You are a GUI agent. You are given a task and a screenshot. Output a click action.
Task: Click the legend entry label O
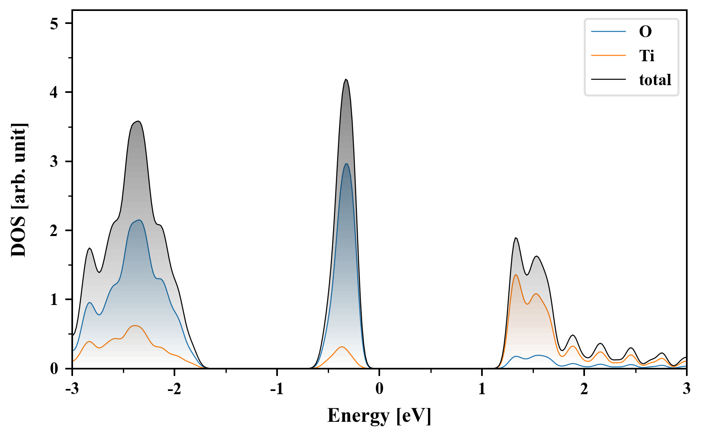click(645, 32)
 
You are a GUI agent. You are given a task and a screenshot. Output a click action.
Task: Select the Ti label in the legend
click(647, 56)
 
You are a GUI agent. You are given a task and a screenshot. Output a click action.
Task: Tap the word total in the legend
click(655, 80)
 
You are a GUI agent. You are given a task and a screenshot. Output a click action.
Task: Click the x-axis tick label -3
click(72, 389)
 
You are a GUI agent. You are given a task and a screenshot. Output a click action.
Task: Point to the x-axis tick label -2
click(174, 389)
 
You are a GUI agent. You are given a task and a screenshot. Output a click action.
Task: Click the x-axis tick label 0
click(379, 389)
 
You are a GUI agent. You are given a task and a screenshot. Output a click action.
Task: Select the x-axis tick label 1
click(482, 389)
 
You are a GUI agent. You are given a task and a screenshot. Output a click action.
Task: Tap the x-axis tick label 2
click(584, 389)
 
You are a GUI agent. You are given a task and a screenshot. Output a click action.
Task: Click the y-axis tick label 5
click(54, 24)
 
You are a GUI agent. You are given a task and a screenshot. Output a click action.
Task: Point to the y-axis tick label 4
click(54, 92)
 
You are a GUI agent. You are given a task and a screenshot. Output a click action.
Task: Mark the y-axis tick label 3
click(54, 161)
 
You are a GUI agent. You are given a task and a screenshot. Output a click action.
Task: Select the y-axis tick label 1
click(54, 300)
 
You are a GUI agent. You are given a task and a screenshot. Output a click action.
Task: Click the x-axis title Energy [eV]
click(379, 416)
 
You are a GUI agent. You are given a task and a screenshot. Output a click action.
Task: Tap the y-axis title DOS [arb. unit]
click(19, 190)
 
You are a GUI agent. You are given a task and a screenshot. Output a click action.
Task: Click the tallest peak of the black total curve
click(346, 79)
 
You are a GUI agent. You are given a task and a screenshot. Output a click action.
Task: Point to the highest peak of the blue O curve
click(346, 164)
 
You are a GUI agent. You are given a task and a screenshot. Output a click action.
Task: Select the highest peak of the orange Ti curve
click(516, 275)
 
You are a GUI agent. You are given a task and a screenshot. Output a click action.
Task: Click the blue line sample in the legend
click(608, 32)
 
